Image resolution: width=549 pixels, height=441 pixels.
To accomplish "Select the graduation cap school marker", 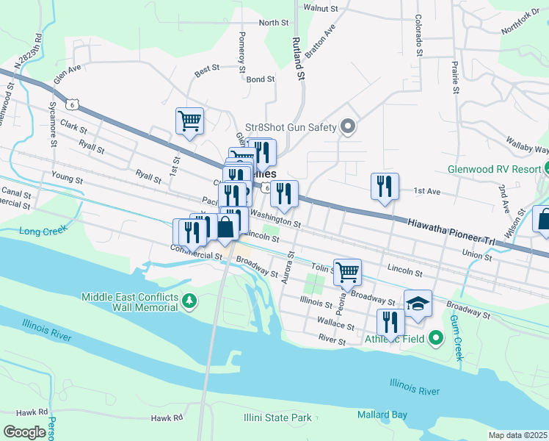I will pyautogui.click(x=418, y=304).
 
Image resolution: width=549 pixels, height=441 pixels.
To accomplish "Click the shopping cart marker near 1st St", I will pyautogui.click(x=189, y=121).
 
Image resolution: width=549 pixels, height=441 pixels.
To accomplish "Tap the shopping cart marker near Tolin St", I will pyautogui.click(x=348, y=272).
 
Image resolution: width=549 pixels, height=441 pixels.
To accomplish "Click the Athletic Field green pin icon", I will pyautogui.click(x=437, y=338).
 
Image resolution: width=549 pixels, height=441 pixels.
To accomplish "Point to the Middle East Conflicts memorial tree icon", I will pyautogui.click(x=189, y=301).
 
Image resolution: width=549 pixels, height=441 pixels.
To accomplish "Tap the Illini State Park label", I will pyautogui.click(x=277, y=418).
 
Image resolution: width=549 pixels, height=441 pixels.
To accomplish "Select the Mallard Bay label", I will pyautogui.click(x=382, y=415).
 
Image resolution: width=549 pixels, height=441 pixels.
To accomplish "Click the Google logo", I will pyautogui.click(x=24, y=432).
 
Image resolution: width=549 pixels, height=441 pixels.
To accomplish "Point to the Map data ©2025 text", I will pyautogui.click(x=517, y=435).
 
